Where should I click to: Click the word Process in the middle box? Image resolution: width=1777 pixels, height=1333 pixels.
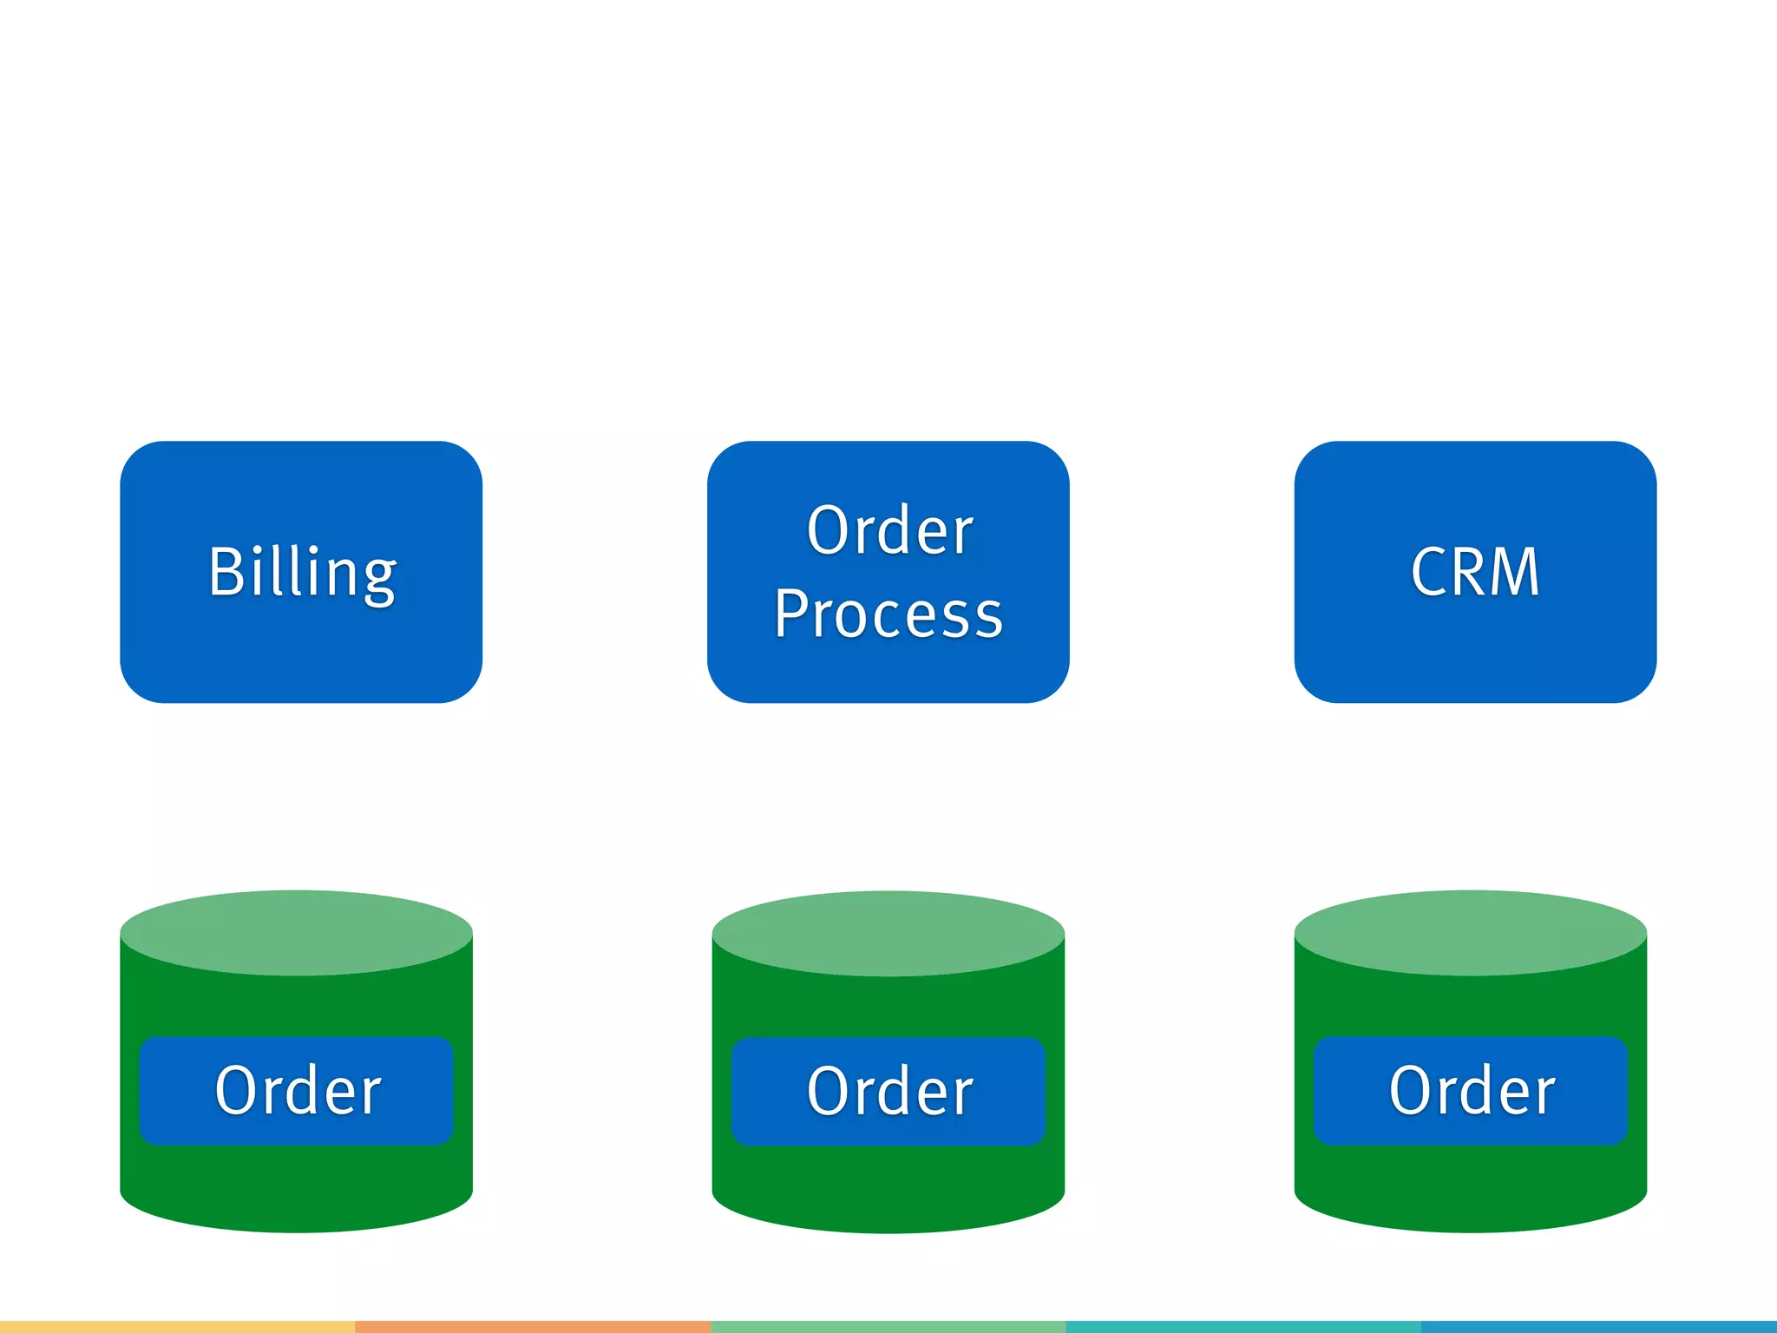click(888, 614)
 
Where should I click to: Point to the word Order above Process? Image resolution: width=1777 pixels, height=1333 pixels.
click(890, 530)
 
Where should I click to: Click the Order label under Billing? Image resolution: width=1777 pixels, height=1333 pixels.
click(297, 1091)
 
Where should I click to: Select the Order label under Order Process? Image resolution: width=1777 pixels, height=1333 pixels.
click(888, 1092)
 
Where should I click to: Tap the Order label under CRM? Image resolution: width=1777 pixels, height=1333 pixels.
click(1471, 1091)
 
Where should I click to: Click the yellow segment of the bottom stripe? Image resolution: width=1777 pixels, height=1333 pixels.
click(177, 1327)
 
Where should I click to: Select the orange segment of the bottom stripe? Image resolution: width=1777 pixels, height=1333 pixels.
click(533, 1327)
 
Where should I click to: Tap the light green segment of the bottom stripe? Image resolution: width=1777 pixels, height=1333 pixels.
click(888, 1327)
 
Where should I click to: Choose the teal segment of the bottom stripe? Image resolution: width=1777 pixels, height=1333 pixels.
click(1243, 1327)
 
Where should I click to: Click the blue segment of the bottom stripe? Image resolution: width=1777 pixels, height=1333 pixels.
click(1598, 1327)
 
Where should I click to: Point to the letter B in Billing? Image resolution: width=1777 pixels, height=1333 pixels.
click(226, 572)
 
